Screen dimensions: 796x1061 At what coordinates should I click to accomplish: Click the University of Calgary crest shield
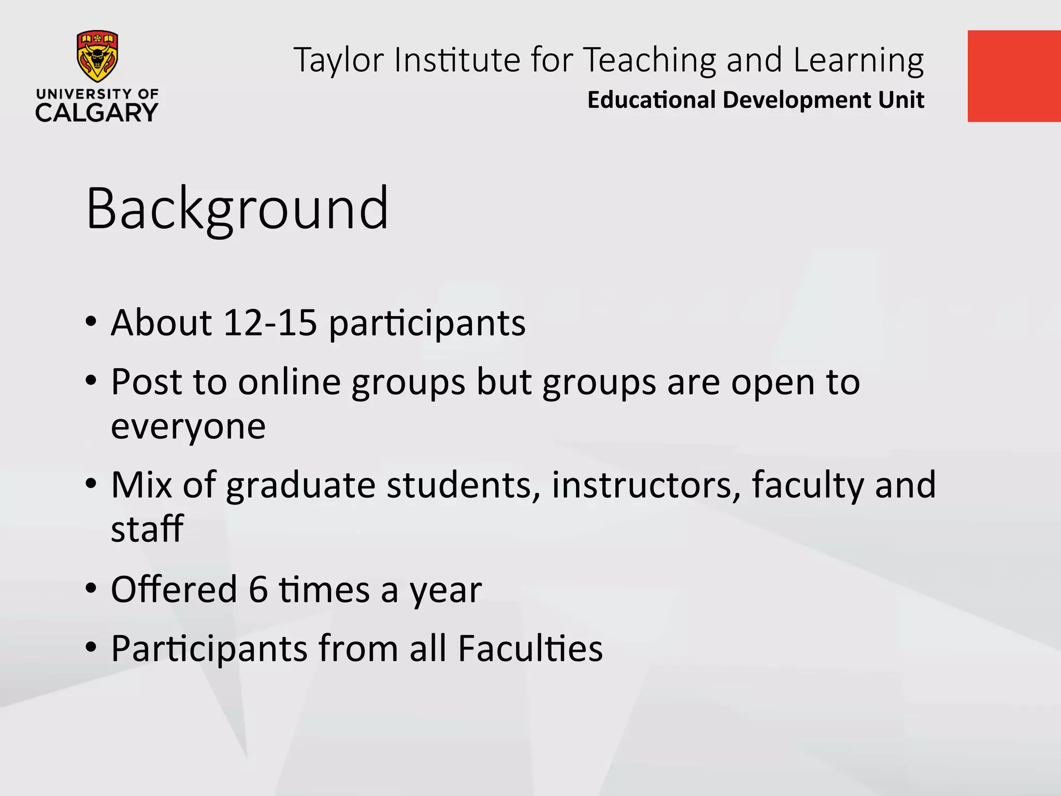[97, 56]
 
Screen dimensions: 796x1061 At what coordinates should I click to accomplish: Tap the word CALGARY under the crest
[97, 112]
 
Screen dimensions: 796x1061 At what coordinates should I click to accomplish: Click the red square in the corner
[1014, 76]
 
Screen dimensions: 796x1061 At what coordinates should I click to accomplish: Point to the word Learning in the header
[858, 60]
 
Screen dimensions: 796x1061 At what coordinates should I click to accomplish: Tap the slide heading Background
[237, 208]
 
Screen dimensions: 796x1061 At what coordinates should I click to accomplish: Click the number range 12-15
[270, 322]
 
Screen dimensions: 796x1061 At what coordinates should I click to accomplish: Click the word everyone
[188, 427]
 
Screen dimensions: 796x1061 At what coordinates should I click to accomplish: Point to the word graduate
[300, 486]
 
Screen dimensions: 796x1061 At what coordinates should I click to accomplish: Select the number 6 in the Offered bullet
[258, 589]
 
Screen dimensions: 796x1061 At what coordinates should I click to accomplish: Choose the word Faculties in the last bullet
[530, 648]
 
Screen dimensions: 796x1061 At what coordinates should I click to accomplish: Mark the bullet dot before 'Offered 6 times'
[91, 589]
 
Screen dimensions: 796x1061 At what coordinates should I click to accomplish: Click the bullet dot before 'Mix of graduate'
[91, 485]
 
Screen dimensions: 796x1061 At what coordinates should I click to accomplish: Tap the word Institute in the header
[457, 60]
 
